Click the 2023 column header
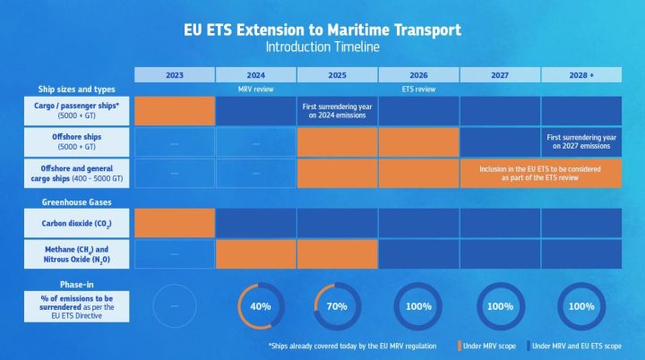coord(175,75)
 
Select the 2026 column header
coord(418,75)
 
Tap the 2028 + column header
coord(581,75)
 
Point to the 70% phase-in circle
coord(338,306)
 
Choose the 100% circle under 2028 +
coord(581,306)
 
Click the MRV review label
coord(255,90)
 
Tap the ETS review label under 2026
coord(418,90)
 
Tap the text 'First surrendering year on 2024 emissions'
coord(338,111)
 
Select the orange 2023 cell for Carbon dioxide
coord(175,223)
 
